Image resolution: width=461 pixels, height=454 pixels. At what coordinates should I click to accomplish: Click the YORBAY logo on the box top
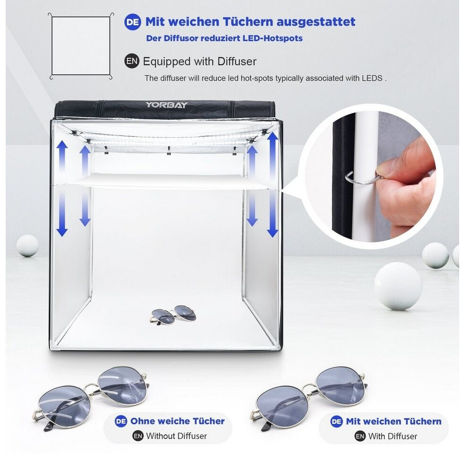point(166,105)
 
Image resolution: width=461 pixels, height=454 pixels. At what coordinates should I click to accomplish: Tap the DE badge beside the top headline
point(133,22)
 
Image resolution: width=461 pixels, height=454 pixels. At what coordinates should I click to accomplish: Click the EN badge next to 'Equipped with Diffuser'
point(131,61)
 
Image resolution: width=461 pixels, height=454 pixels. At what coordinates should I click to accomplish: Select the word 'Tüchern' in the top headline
point(248,22)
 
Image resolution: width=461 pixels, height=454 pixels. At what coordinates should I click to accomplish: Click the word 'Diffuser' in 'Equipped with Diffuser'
point(237,61)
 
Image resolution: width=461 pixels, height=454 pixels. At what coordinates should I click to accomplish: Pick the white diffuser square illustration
point(81,46)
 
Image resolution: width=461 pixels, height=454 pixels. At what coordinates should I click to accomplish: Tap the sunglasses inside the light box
point(172,315)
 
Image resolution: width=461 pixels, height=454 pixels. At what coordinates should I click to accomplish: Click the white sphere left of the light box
point(27,245)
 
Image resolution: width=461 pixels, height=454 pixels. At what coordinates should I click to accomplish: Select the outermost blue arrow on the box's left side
point(62,188)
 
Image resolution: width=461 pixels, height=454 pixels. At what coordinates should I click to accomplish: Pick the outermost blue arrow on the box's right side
point(273,184)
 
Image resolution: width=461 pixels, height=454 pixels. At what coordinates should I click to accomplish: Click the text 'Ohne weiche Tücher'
point(177,421)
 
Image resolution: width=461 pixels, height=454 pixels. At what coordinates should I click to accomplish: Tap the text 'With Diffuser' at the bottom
point(393,436)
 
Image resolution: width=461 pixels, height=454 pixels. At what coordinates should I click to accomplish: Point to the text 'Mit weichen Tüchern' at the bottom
point(393,421)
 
